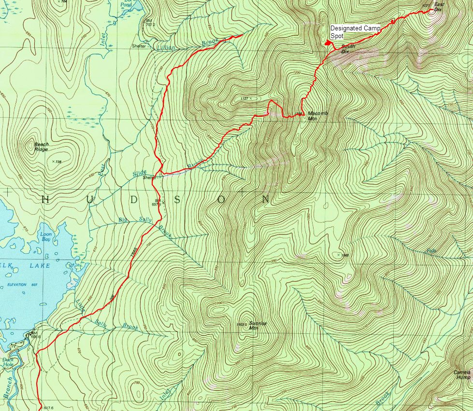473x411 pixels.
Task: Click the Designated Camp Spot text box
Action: [355, 32]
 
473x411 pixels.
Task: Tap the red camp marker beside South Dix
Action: [328, 43]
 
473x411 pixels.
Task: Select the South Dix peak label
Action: [345, 49]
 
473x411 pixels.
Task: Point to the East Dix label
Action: [438, 7]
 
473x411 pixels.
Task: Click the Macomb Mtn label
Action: [317, 115]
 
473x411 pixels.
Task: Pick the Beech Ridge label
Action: [41, 147]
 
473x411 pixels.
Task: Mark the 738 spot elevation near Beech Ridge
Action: [58, 162]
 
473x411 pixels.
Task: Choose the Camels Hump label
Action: [461, 375]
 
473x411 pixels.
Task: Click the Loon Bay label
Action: [46, 237]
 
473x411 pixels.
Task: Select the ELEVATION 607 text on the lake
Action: [22, 285]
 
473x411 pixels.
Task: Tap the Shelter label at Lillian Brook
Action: [139, 46]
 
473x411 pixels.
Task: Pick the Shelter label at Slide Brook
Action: [149, 177]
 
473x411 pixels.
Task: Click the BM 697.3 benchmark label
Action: [158, 203]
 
